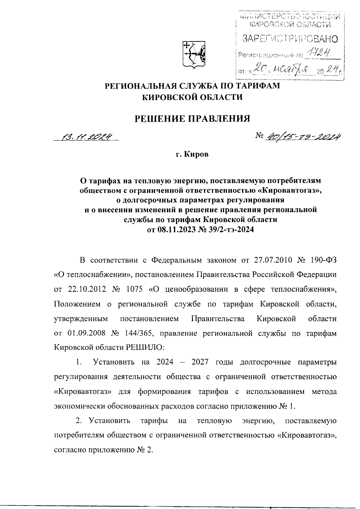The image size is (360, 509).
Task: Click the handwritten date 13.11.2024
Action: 86,137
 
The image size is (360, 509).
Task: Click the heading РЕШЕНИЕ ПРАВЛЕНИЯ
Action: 192,119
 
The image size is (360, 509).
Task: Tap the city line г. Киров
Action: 192,155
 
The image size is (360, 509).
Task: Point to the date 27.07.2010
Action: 273,260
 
